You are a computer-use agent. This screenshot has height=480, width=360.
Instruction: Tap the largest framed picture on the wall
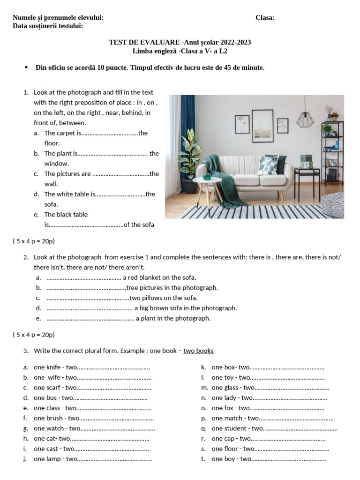pos(262,126)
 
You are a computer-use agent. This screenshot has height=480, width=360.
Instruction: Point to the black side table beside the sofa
pos(307,180)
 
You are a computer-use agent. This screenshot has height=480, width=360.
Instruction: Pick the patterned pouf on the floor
pos(333,205)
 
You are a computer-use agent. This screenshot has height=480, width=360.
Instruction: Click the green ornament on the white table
pos(207,177)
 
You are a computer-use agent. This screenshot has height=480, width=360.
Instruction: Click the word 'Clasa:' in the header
pos(265,18)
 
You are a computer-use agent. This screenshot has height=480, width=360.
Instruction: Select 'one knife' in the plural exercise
pos(47,367)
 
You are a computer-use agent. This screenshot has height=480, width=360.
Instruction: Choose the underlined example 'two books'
pos(198,351)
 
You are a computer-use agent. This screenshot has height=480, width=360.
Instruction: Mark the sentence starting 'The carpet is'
pos(63,133)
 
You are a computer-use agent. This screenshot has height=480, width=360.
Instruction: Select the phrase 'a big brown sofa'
pos(157,308)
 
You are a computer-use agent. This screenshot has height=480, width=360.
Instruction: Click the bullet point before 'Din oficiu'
pos(26,67)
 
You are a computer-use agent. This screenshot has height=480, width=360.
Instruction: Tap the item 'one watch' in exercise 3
pos(49,428)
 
